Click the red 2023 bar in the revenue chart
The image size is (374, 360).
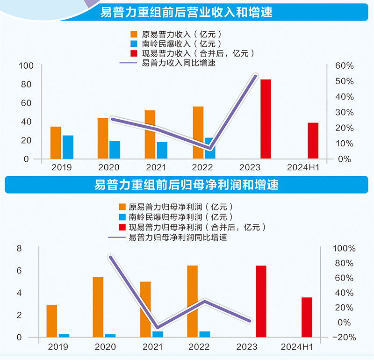pyautogui.click(x=266, y=119)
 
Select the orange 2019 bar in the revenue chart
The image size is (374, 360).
pyautogui.click(x=56, y=143)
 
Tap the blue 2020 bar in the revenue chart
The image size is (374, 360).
pyautogui.click(x=115, y=150)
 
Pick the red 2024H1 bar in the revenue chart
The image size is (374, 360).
pyautogui.click(x=313, y=141)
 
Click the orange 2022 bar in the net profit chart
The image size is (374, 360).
pyautogui.click(x=192, y=301)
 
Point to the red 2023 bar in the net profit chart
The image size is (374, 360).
pyautogui.click(x=260, y=301)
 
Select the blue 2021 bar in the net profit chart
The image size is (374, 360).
pyautogui.click(x=158, y=334)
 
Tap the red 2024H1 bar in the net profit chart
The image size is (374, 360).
pyautogui.click(x=307, y=317)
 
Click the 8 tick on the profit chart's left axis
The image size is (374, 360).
pyautogui.click(x=20, y=248)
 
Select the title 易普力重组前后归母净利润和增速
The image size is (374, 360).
pyautogui.click(x=187, y=185)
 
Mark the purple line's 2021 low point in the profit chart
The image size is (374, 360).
pyautogui.click(x=158, y=327)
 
